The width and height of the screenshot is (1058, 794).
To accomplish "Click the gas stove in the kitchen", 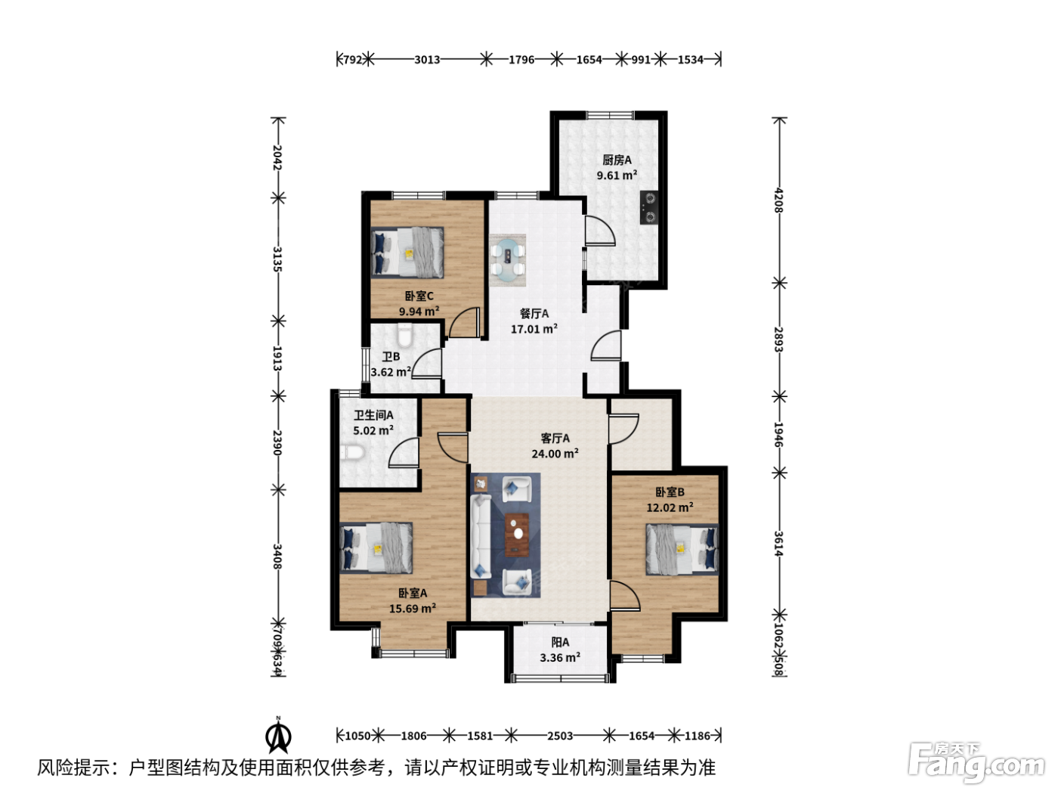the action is (x=649, y=207).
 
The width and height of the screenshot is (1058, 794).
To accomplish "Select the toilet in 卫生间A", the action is (x=351, y=452).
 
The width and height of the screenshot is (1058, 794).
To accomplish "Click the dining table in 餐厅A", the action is (x=507, y=260).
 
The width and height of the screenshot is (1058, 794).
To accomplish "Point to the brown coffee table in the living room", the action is (x=517, y=534).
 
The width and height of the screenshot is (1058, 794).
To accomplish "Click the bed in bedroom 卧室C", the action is (x=407, y=252).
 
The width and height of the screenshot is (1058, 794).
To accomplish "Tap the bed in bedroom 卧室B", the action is (x=682, y=550).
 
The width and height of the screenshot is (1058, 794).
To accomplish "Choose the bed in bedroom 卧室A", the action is (x=376, y=548).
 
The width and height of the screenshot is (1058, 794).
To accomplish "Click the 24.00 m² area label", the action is (x=555, y=454).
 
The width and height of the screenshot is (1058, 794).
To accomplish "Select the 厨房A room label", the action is (x=617, y=160).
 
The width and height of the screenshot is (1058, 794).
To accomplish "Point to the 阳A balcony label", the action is (x=560, y=642).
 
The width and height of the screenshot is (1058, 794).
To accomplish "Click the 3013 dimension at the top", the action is (x=427, y=60).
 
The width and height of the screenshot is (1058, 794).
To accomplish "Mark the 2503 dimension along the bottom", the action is (x=560, y=736).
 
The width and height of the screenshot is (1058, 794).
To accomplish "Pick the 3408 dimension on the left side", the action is (x=277, y=556).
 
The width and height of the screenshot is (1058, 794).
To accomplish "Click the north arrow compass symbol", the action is (x=278, y=735).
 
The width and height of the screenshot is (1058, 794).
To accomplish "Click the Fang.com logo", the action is (x=976, y=764).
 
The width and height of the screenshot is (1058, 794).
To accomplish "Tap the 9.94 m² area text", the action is (x=419, y=311).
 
